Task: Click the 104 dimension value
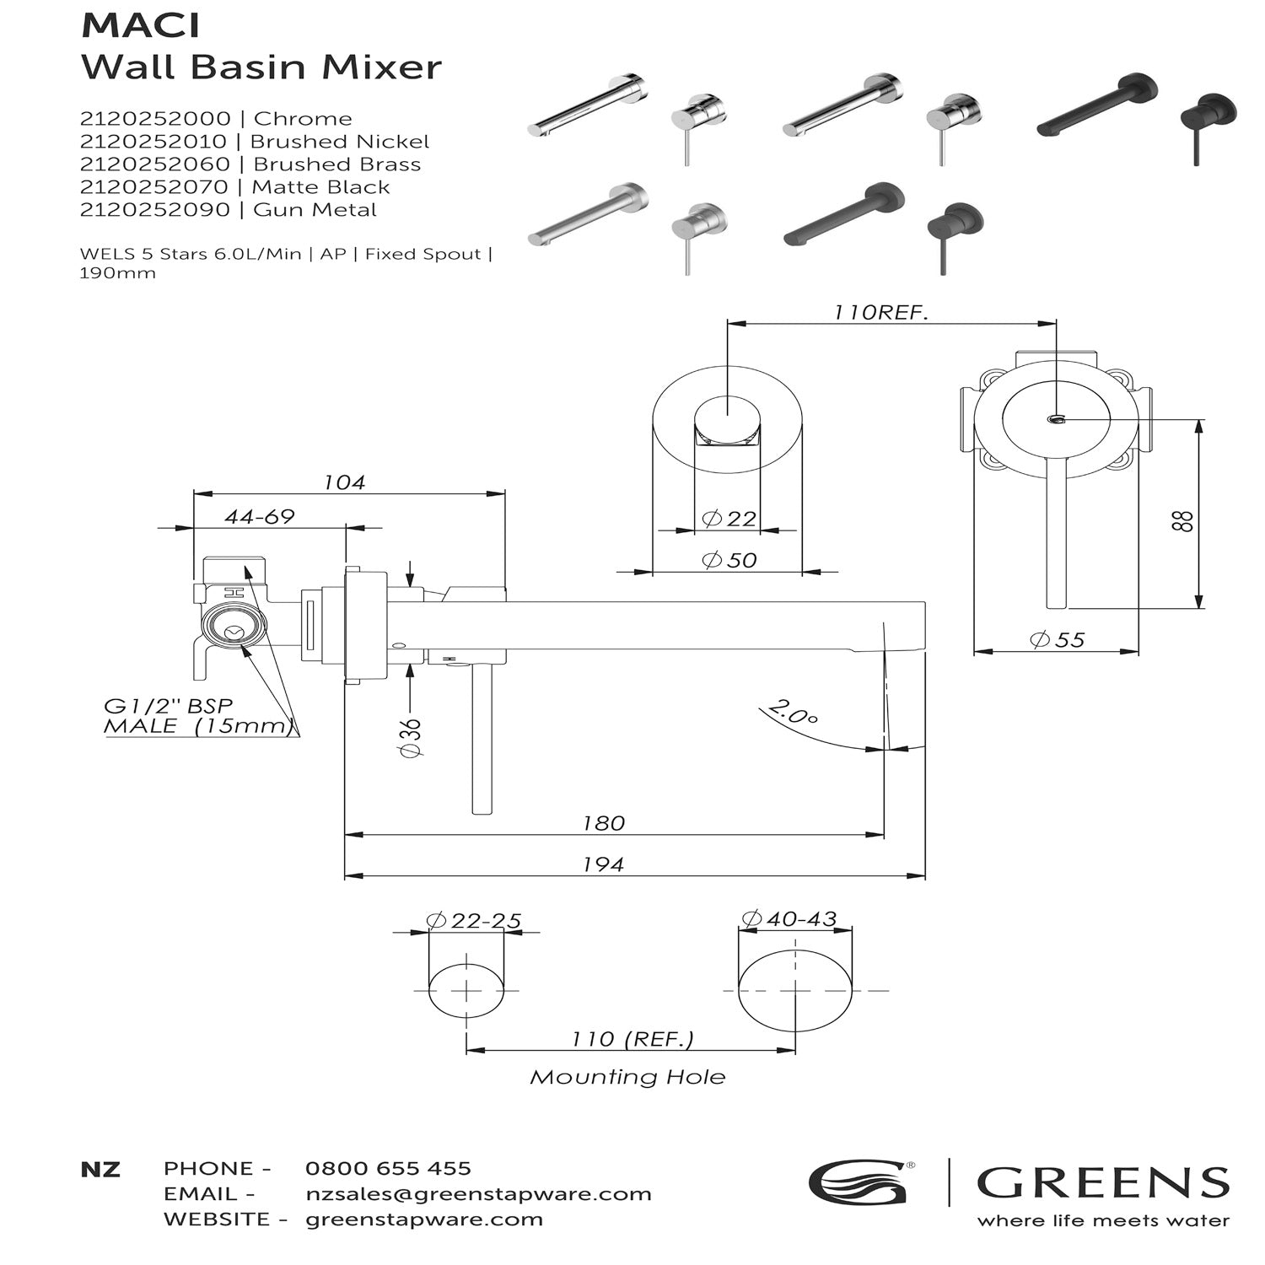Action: pos(344,482)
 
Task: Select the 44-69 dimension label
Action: pos(260,517)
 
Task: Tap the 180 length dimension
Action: pos(604,823)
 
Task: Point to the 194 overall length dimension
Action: pos(604,864)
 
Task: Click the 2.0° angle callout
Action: pos(794,713)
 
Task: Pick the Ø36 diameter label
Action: pos(410,738)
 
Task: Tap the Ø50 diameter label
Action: pos(729,560)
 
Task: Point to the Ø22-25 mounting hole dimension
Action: pos(474,920)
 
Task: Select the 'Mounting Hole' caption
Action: pos(627,1077)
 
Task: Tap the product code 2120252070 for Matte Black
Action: pos(154,187)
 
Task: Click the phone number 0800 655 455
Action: pos(388,1169)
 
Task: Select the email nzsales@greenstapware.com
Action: pos(478,1194)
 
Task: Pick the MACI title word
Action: pos(140,26)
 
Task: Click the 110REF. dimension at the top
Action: pos(880,312)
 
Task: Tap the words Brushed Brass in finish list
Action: pos(336,164)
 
